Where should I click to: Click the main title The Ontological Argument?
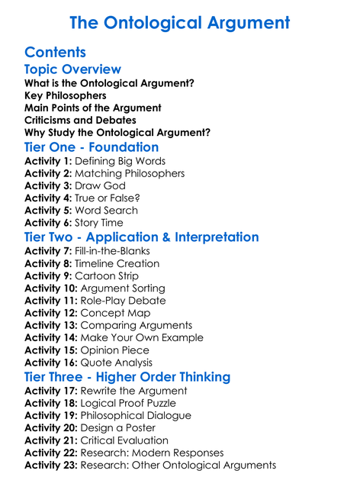pyautogui.click(x=180, y=23)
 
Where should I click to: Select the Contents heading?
pyautogui.click(x=55, y=53)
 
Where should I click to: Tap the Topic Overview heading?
pyautogui.click(x=72, y=69)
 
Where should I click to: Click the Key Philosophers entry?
pyautogui.click(x=66, y=95)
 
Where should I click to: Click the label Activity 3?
pyautogui.click(x=49, y=185)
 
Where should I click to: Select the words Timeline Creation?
pyautogui.click(x=119, y=263)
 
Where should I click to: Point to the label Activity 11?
pyautogui.click(x=52, y=301)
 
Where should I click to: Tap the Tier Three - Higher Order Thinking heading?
pyautogui.click(x=127, y=377)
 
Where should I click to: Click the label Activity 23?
pyautogui.click(x=52, y=466)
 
